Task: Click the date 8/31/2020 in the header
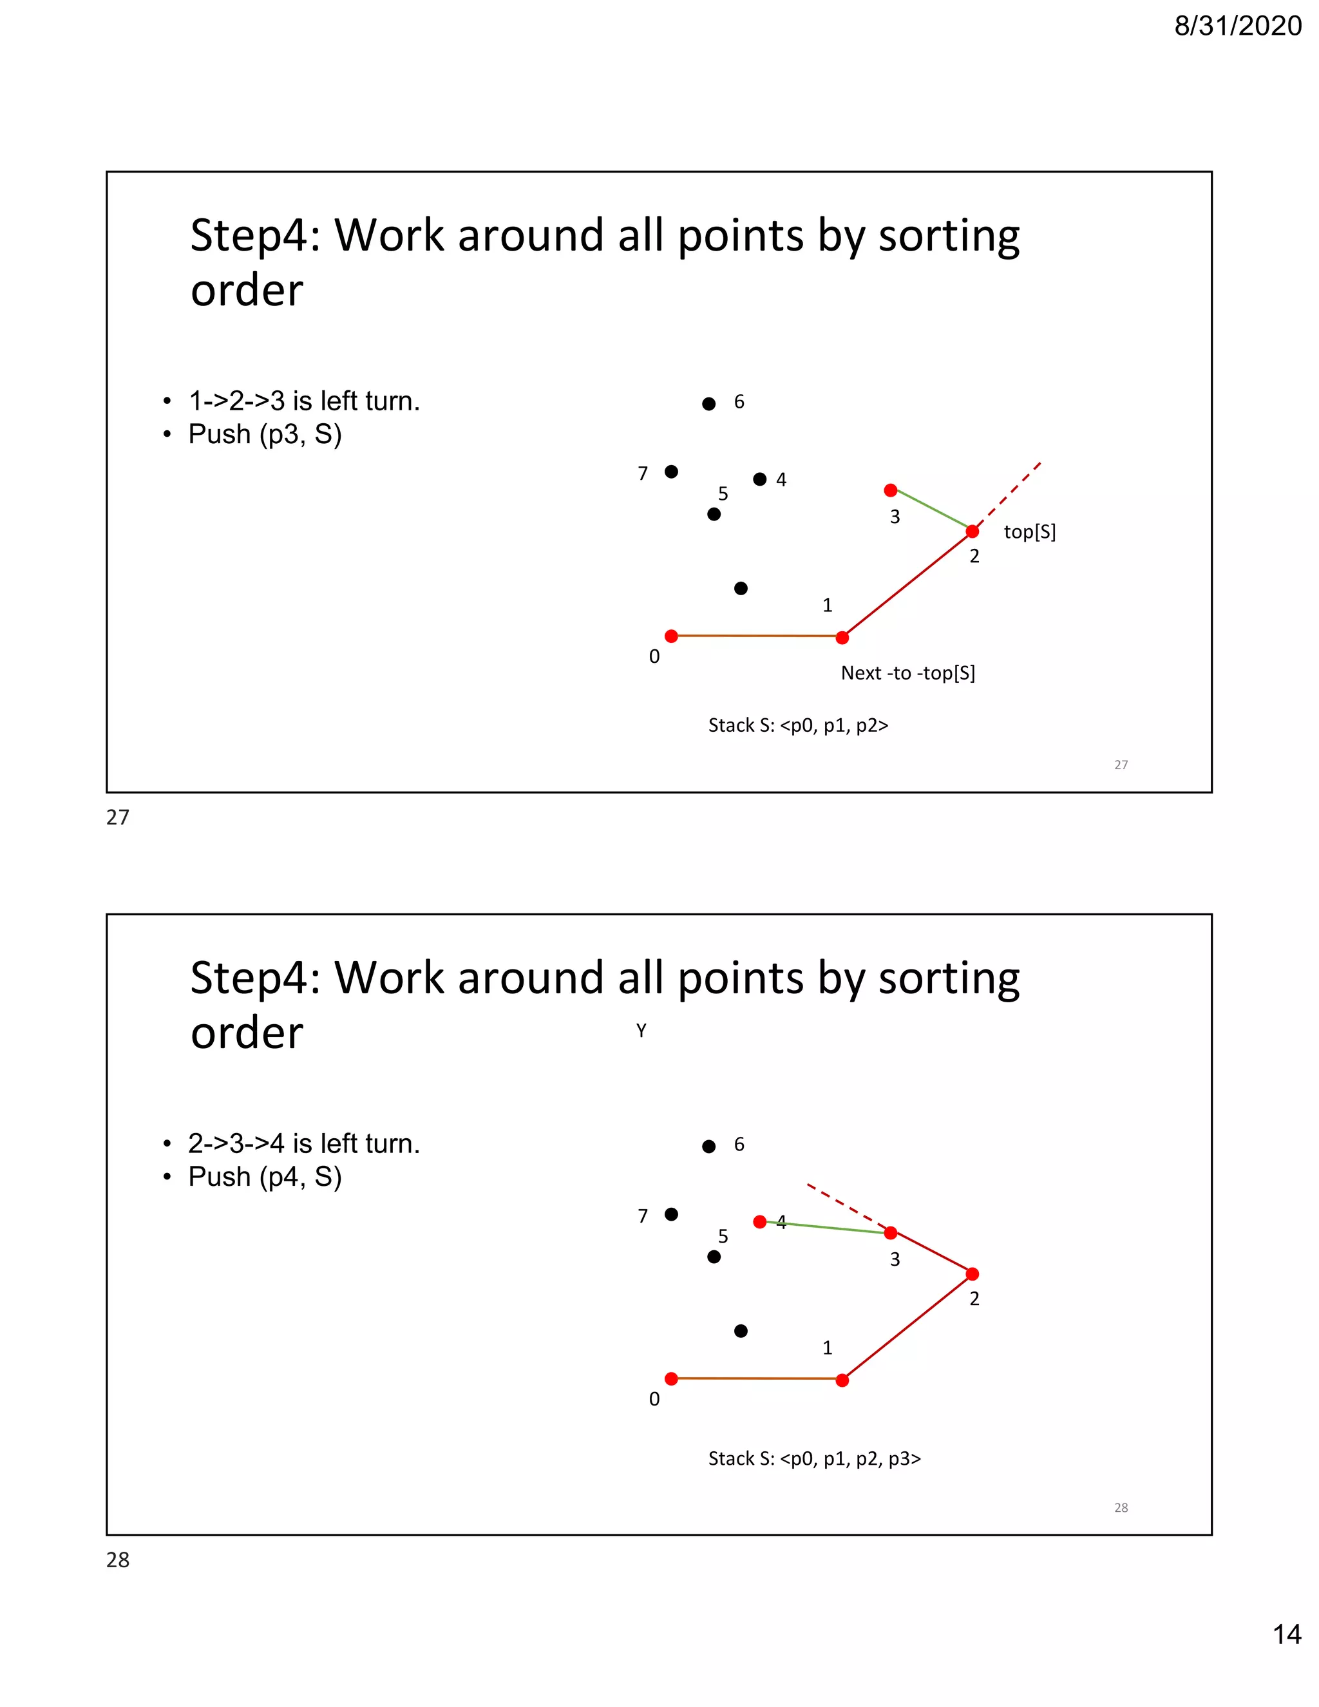click(1238, 26)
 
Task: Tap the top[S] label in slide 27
click(1029, 532)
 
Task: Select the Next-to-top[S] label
click(907, 673)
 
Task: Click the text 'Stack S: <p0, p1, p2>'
click(798, 725)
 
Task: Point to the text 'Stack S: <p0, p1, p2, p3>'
click(814, 1458)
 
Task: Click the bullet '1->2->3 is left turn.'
click(304, 401)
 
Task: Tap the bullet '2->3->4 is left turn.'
click(304, 1143)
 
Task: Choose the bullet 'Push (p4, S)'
click(265, 1176)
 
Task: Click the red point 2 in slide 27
click(972, 531)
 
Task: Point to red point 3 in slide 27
click(890, 491)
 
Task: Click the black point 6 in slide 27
click(708, 404)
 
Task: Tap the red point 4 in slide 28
click(759, 1221)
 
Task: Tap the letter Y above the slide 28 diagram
click(641, 1031)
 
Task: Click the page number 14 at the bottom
click(1286, 1634)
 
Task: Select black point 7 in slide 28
click(671, 1214)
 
